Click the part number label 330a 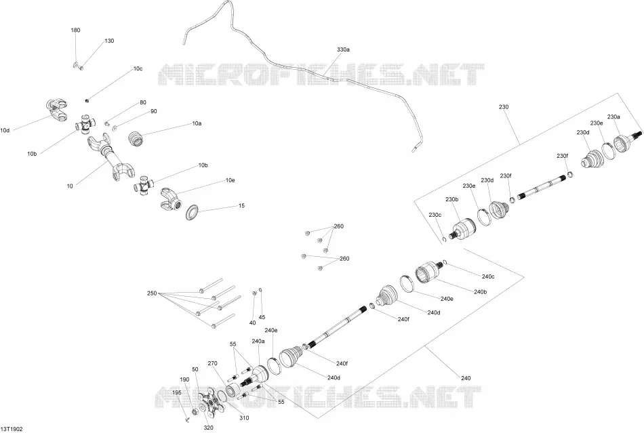pyautogui.click(x=343, y=49)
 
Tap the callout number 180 pyautogui.click(x=75, y=30)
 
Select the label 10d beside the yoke pyautogui.click(x=5, y=131)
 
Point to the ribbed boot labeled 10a pyautogui.click(x=137, y=138)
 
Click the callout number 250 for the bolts pyautogui.click(x=152, y=293)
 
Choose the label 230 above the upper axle pyautogui.click(x=504, y=107)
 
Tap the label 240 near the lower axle pyautogui.click(x=466, y=378)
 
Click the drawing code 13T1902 pyautogui.click(x=12, y=429)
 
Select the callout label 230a pyautogui.click(x=613, y=117)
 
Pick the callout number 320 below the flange pyautogui.click(x=209, y=428)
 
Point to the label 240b pyautogui.click(x=480, y=292)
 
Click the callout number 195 pyautogui.click(x=177, y=393)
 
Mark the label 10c pyautogui.click(x=138, y=69)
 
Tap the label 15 pyautogui.click(x=241, y=205)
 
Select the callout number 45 pyautogui.click(x=262, y=317)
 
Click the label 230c pyautogui.click(x=435, y=215)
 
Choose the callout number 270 pyautogui.click(x=212, y=363)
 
